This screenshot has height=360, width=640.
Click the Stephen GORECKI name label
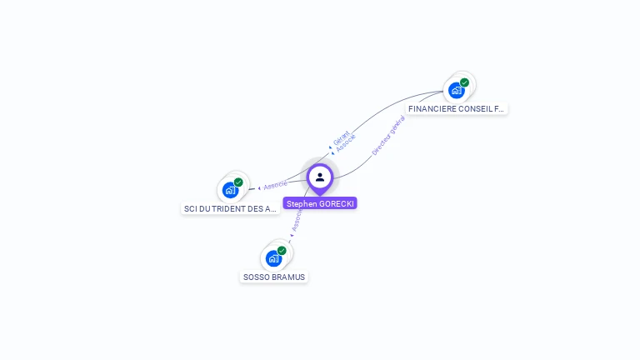[320, 203]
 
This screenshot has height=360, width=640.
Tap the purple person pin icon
[320, 177]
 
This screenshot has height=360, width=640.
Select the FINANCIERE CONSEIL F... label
[457, 109]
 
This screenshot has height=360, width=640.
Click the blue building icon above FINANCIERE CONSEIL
[456, 90]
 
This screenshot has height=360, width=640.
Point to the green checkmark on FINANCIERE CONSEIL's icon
[464, 82]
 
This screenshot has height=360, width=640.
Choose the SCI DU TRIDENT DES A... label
[230, 209]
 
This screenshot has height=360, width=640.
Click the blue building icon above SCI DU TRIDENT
[230, 190]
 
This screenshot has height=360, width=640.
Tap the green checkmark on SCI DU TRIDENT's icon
[238, 182]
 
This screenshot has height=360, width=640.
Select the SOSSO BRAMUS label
[274, 277]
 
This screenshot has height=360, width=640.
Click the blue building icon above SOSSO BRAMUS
[273, 258]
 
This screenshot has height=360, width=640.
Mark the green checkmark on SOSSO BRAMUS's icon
[282, 251]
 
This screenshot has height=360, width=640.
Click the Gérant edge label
[341, 138]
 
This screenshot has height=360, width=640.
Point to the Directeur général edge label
[388, 136]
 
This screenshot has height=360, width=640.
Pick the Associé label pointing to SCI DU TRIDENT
[276, 185]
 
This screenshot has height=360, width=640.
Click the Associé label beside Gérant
[346, 142]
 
